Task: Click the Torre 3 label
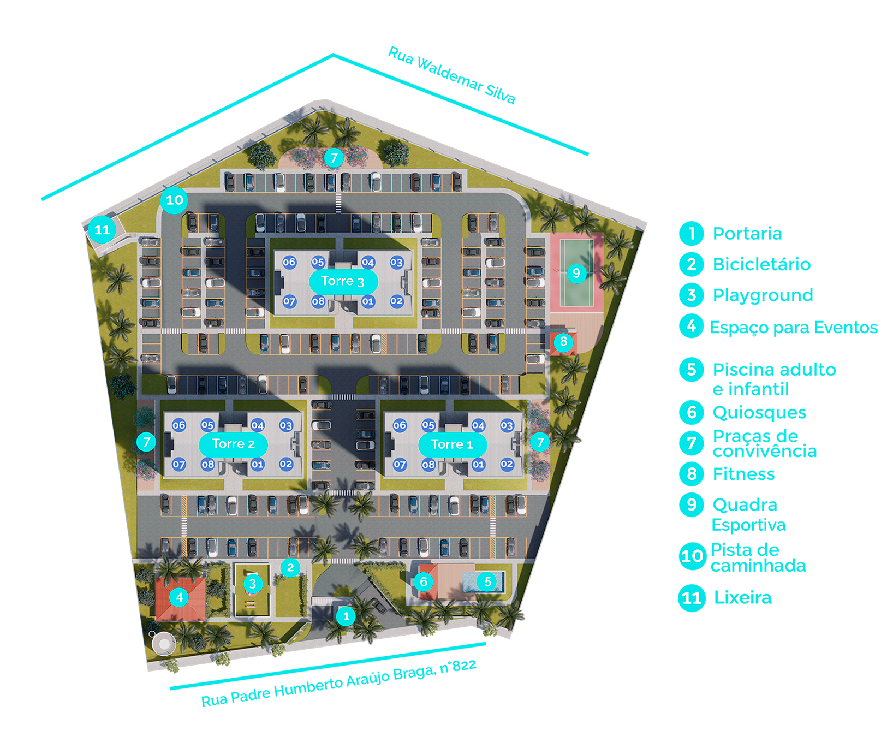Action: (x=343, y=282)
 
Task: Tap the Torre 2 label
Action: (x=233, y=444)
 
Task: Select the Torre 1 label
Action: (x=453, y=444)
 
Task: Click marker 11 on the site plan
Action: (x=102, y=230)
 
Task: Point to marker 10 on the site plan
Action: (x=174, y=200)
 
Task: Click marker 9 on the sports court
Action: (x=576, y=272)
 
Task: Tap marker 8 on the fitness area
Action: (x=563, y=342)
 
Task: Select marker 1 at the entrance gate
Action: (x=346, y=616)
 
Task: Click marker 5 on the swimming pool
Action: (x=488, y=582)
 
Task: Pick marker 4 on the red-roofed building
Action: (x=180, y=597)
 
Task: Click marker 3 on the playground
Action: (x=253, y=584)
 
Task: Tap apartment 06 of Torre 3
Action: (x=289, y=262)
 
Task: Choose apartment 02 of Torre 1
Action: (x=507, y=464)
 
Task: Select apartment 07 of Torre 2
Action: (x=179, y=465)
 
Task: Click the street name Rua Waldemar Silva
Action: (x=451, y=75)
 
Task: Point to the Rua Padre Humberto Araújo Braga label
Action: (x=339, y=682)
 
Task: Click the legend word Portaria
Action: (x=747, y=234)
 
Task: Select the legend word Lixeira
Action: (x=743, y=597)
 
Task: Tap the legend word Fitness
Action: (x=743, y=474)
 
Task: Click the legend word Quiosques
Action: (x=759, y=413)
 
